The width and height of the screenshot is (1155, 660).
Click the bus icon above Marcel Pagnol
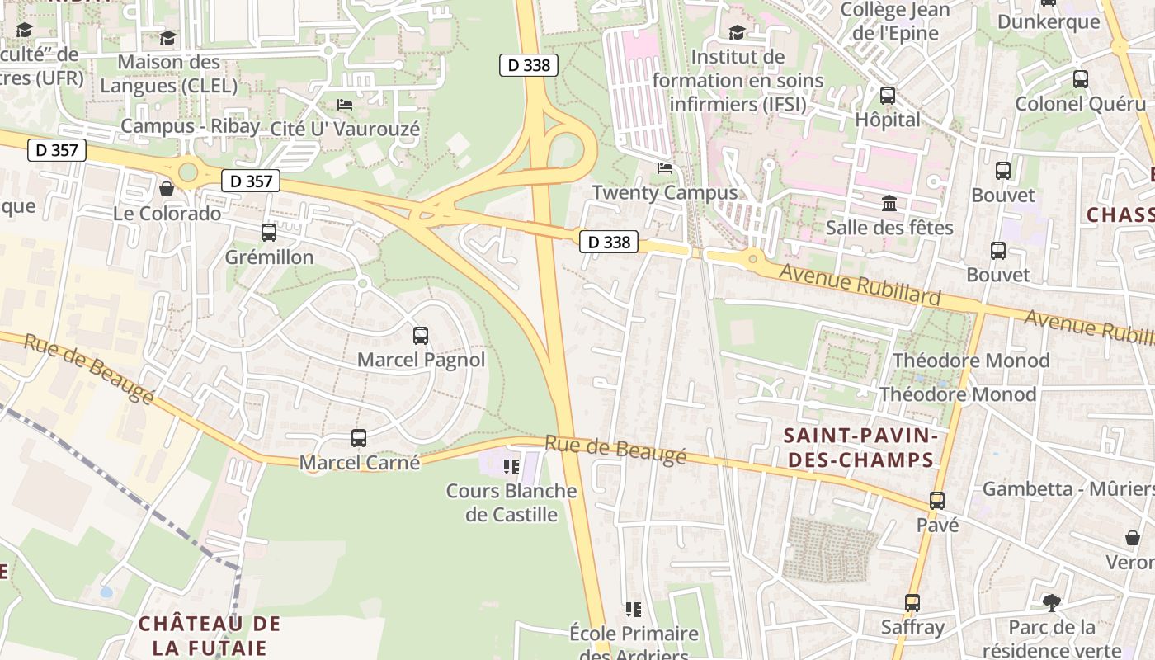pos(420,335)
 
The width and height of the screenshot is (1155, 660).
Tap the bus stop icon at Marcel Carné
pos(358,438)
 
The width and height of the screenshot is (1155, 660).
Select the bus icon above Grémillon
pos(268,233)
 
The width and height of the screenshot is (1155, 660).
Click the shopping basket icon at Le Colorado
pos(167,189)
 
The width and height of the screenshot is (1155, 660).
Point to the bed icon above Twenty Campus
pos(664,168)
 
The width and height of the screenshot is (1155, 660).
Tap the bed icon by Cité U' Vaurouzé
pos(345,105)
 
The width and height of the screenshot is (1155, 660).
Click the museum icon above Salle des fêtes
pos(889,203)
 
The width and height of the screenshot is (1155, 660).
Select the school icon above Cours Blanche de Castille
pos(511,467)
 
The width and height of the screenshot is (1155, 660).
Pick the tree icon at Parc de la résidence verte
pos(1051,603)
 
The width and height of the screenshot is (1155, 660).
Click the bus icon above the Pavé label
pos(936,500)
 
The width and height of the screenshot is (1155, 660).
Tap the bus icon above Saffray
pos(912,603)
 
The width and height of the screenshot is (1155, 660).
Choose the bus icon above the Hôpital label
pos(887,96)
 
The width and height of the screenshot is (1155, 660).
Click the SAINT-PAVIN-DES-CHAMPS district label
pos(858,447)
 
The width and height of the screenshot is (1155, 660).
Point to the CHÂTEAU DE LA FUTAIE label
pos(210,635)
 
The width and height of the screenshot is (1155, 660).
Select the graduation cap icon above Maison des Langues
pos(167,38)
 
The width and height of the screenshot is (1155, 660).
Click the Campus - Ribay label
pos(190,126)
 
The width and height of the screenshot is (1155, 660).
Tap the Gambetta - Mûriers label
pos(1068,489)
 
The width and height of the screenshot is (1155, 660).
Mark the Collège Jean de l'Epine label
pos(895,21)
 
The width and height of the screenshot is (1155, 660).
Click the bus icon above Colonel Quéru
pos(1080,79)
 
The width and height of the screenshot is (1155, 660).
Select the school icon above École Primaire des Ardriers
pos(633,610)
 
